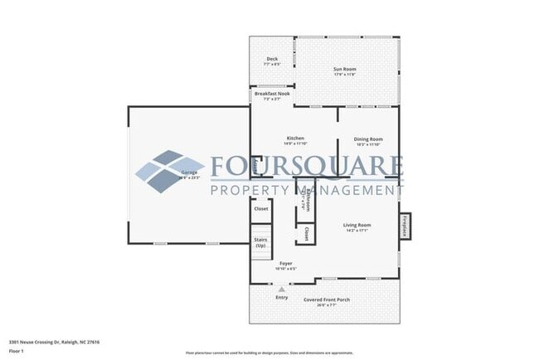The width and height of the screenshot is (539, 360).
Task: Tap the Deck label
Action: (x=271, y=60)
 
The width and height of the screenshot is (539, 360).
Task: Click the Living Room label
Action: (x=357, y=226)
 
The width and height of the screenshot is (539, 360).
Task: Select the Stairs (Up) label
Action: (x=260, y=243)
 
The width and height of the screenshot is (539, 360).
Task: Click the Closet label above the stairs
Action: (x=261, y=210)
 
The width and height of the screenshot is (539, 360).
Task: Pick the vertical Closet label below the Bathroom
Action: (x=308, y=233)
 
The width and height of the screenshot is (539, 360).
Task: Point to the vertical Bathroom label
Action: (x=308, y=200)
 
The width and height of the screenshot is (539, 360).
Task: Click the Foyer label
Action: (x=285, y=265)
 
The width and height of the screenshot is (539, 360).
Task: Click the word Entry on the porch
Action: (x=282, y=297)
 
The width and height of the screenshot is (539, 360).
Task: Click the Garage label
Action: (x=189, y=173)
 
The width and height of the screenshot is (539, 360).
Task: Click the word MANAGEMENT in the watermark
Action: (x=348, y=190)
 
